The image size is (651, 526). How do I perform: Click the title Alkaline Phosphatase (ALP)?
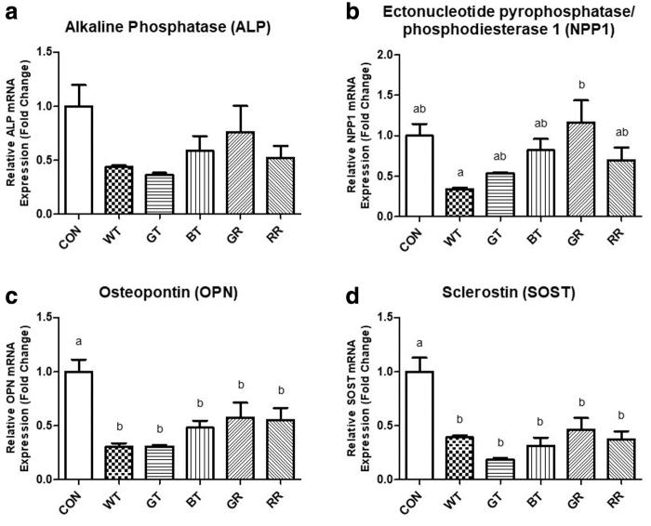pos(168,28)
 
